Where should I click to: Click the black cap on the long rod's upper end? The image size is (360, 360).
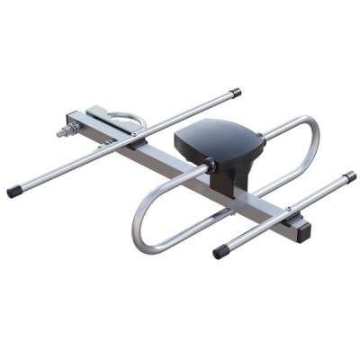click(x=235, y=92)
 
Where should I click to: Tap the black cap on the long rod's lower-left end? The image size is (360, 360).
click(x=14, y=192)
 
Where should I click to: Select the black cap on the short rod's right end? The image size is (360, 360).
click(x=350, y=176)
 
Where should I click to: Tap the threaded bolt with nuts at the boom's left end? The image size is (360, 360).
click(x=67, y=131)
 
